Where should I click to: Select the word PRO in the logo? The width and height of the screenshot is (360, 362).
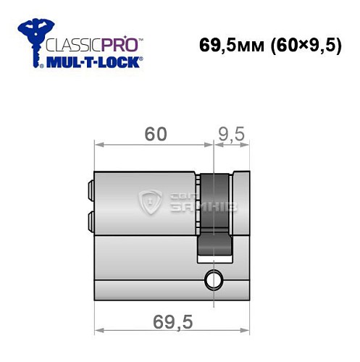coord(124,43)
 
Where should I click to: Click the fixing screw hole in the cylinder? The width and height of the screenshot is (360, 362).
coord(213,278)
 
